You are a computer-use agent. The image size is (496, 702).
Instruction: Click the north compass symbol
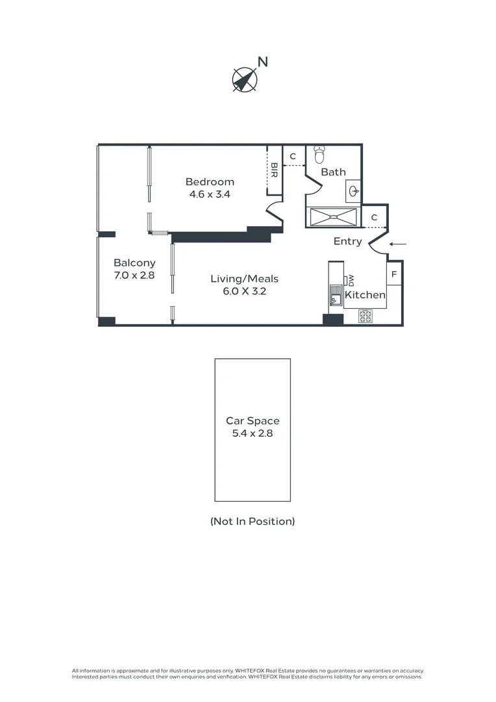245,79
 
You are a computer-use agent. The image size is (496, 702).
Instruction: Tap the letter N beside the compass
263,62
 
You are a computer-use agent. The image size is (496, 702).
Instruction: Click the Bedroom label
210,182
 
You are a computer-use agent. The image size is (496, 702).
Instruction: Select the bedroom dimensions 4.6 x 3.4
210,194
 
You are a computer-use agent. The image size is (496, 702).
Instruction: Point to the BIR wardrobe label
274,170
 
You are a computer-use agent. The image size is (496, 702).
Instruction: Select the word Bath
333,172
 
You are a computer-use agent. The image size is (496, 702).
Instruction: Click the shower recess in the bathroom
333,217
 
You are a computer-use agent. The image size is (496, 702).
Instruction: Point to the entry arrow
398,244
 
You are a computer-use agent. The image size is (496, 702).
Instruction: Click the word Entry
347,242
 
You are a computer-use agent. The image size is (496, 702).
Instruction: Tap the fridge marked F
394,275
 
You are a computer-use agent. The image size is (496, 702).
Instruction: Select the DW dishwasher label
351,281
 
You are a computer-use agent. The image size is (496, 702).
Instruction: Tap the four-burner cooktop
366,317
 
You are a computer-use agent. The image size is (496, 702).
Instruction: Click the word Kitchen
365,295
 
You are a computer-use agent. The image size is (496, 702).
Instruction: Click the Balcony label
134,263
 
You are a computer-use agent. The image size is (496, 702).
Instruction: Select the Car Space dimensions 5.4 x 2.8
253,433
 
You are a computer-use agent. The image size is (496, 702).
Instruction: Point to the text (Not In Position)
253,521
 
